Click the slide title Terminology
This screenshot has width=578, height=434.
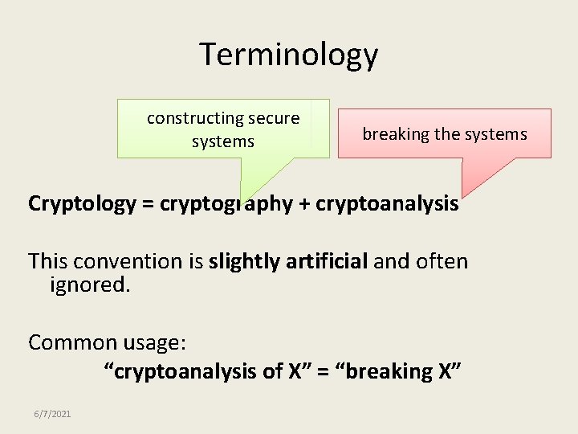pos(288,55)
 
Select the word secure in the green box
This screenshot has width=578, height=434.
pos(274,119)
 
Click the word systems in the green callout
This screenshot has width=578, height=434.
pos(222,142)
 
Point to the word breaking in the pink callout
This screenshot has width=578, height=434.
pos(396,134)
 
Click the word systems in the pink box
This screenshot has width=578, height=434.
pos(495,134)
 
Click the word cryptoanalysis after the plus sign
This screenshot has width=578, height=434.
pos(388,204)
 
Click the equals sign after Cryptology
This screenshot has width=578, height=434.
pos(148,204)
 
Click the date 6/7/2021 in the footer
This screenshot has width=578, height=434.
pos(52,414)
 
